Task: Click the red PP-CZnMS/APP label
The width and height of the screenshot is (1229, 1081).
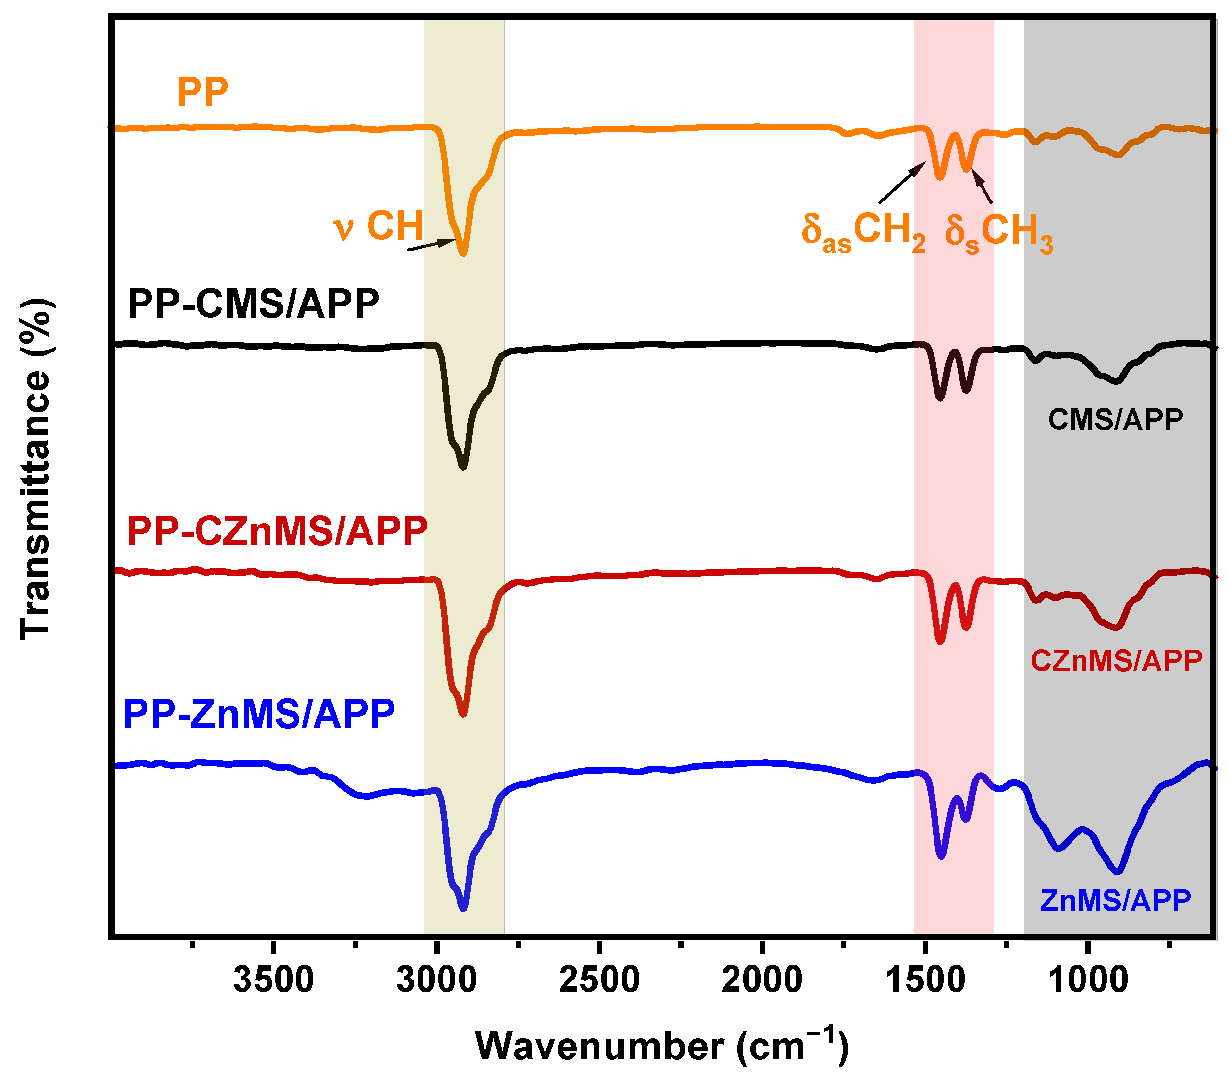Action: coord(277,531)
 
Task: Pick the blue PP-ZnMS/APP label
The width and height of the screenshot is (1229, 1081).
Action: coord(259,714)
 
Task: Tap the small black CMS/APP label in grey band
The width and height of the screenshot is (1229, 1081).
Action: coord(1115,419)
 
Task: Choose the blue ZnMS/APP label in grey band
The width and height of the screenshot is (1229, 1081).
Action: coord(1115,901)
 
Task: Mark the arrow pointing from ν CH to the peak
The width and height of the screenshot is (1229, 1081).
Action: coord(432,244)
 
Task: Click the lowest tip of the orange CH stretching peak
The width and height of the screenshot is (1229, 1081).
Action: coord(463,254)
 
